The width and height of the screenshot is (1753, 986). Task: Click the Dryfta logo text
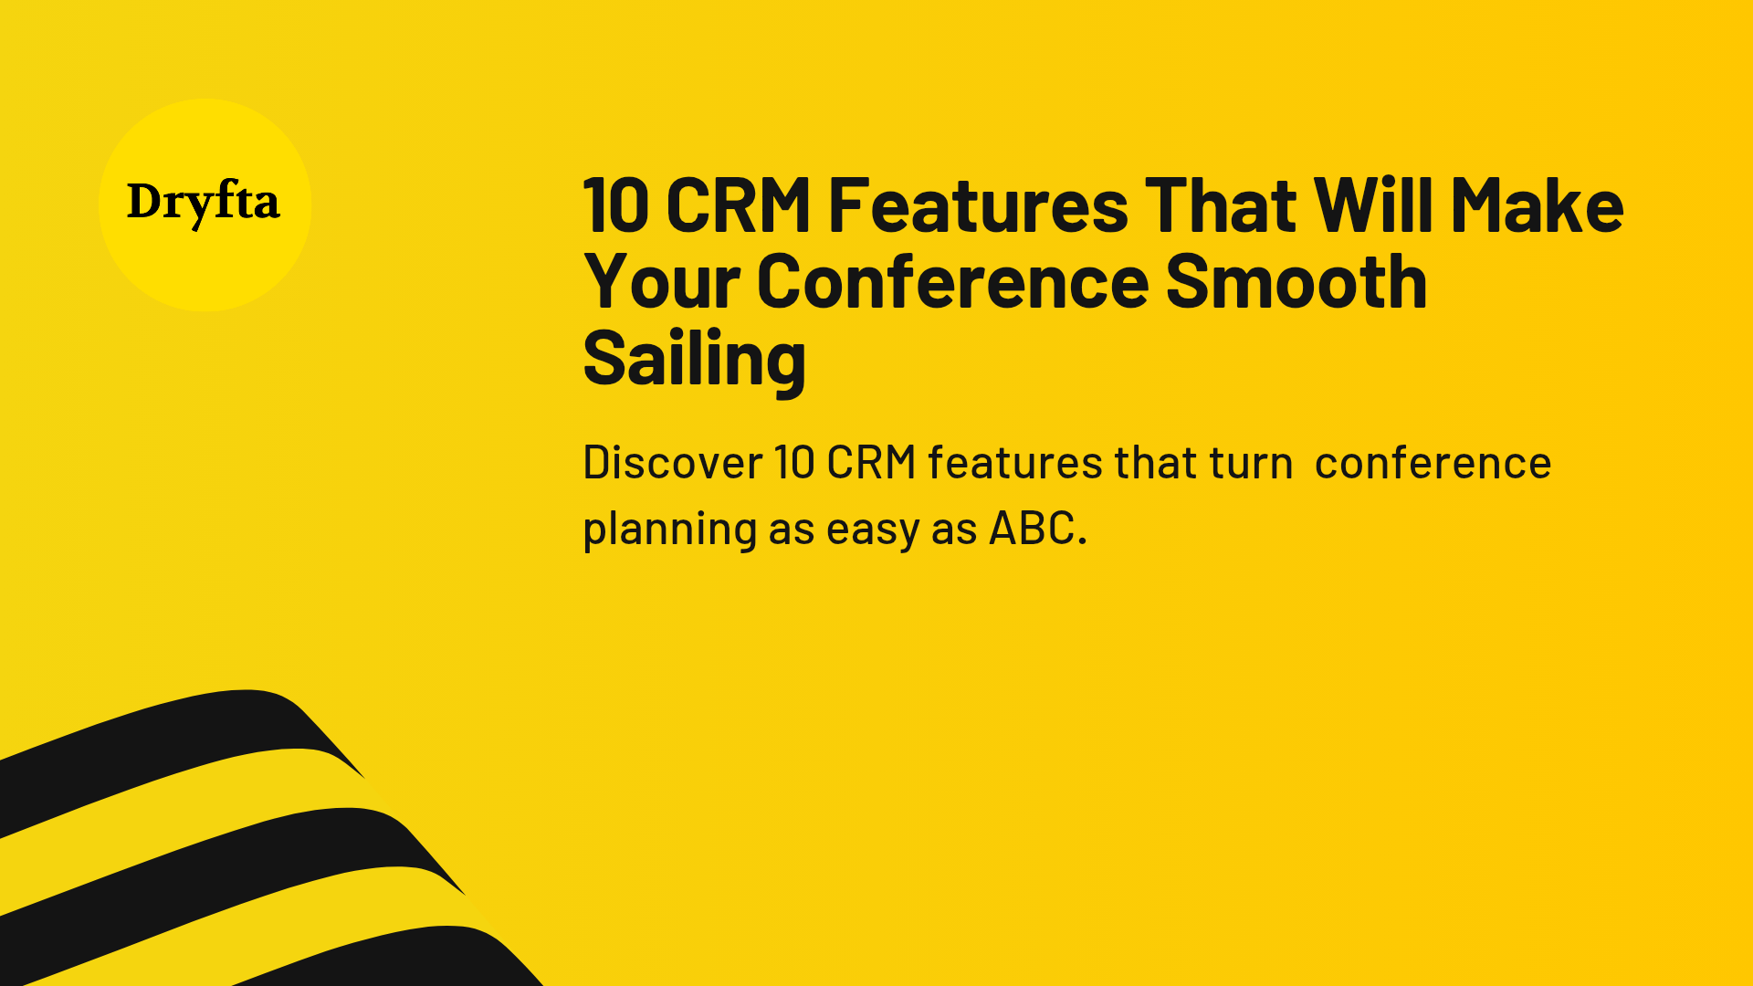tap(203, 204)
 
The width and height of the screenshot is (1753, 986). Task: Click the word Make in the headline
tap(1537, 205)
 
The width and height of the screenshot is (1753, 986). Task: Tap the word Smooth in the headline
tap(1296, 281)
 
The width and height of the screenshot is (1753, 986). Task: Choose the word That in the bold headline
tap(1221, 205)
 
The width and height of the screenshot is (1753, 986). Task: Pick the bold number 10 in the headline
tap(615, 206)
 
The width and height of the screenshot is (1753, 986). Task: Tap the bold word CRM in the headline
tap(739, 205)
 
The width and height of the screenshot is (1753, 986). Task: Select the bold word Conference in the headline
tap(952, 282)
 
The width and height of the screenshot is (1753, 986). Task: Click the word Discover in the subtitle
tap(672, 462)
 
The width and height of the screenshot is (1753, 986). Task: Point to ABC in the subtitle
tap(1038, 528)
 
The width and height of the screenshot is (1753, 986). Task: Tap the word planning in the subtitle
tap(670, 530)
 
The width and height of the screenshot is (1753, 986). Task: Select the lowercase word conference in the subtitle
tap(1433, 463)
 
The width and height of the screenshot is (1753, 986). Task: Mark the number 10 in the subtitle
tap(793, 463)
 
